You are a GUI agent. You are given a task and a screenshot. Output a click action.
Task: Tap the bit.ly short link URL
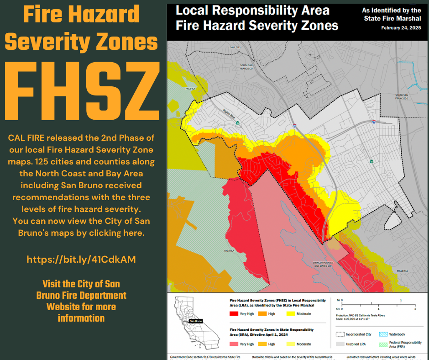(81, 259)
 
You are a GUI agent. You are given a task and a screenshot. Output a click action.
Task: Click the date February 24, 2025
(401, 28)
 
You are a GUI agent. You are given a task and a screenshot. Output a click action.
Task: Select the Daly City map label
(235, 48)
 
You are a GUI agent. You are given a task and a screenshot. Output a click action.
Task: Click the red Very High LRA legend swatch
(234, 314)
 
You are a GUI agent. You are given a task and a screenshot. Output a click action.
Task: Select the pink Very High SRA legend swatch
(234, 344)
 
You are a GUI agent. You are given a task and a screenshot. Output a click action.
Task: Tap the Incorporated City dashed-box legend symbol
(340, 334)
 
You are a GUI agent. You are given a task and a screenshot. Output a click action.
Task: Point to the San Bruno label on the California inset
(195, 321)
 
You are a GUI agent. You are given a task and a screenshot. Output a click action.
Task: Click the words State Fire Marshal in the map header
(392, 18)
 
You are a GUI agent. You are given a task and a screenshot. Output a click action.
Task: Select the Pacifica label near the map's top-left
(190, 88)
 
